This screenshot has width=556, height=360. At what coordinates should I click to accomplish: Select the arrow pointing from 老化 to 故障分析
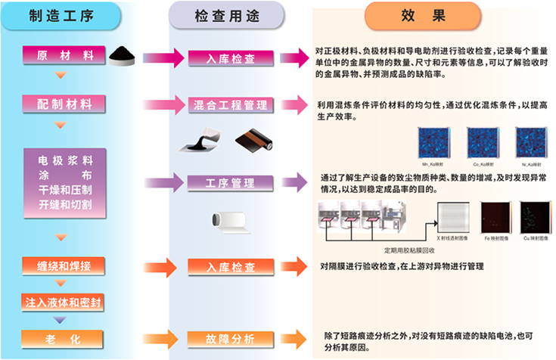click(144, 337)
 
